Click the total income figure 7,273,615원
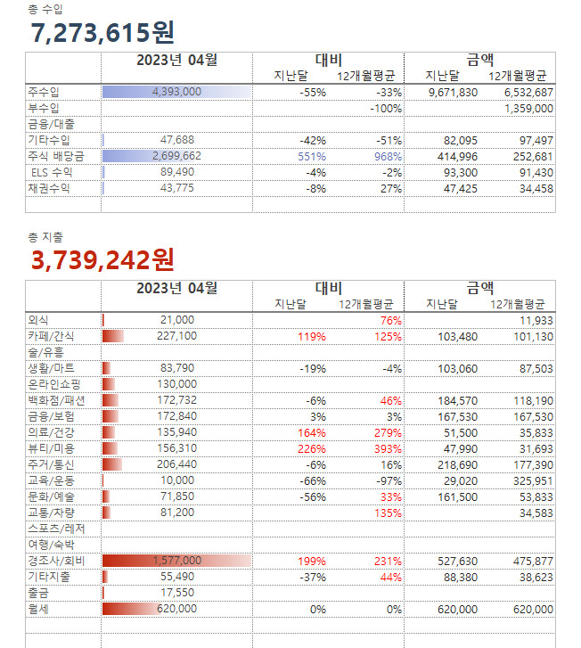click(102, 33)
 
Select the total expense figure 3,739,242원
click(102, 259)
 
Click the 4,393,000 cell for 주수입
click(176, 92)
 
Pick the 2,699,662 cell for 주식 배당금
click(176, 156)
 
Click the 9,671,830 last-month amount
click(453, 92)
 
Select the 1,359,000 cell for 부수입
click(529, 108)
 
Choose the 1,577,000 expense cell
click(176, 561)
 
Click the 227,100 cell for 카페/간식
click(176, 336)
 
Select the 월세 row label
click(38, 609)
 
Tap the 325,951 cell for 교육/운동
click(529, 480)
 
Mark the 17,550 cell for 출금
click(176, 593)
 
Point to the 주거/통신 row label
click(51, 464)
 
